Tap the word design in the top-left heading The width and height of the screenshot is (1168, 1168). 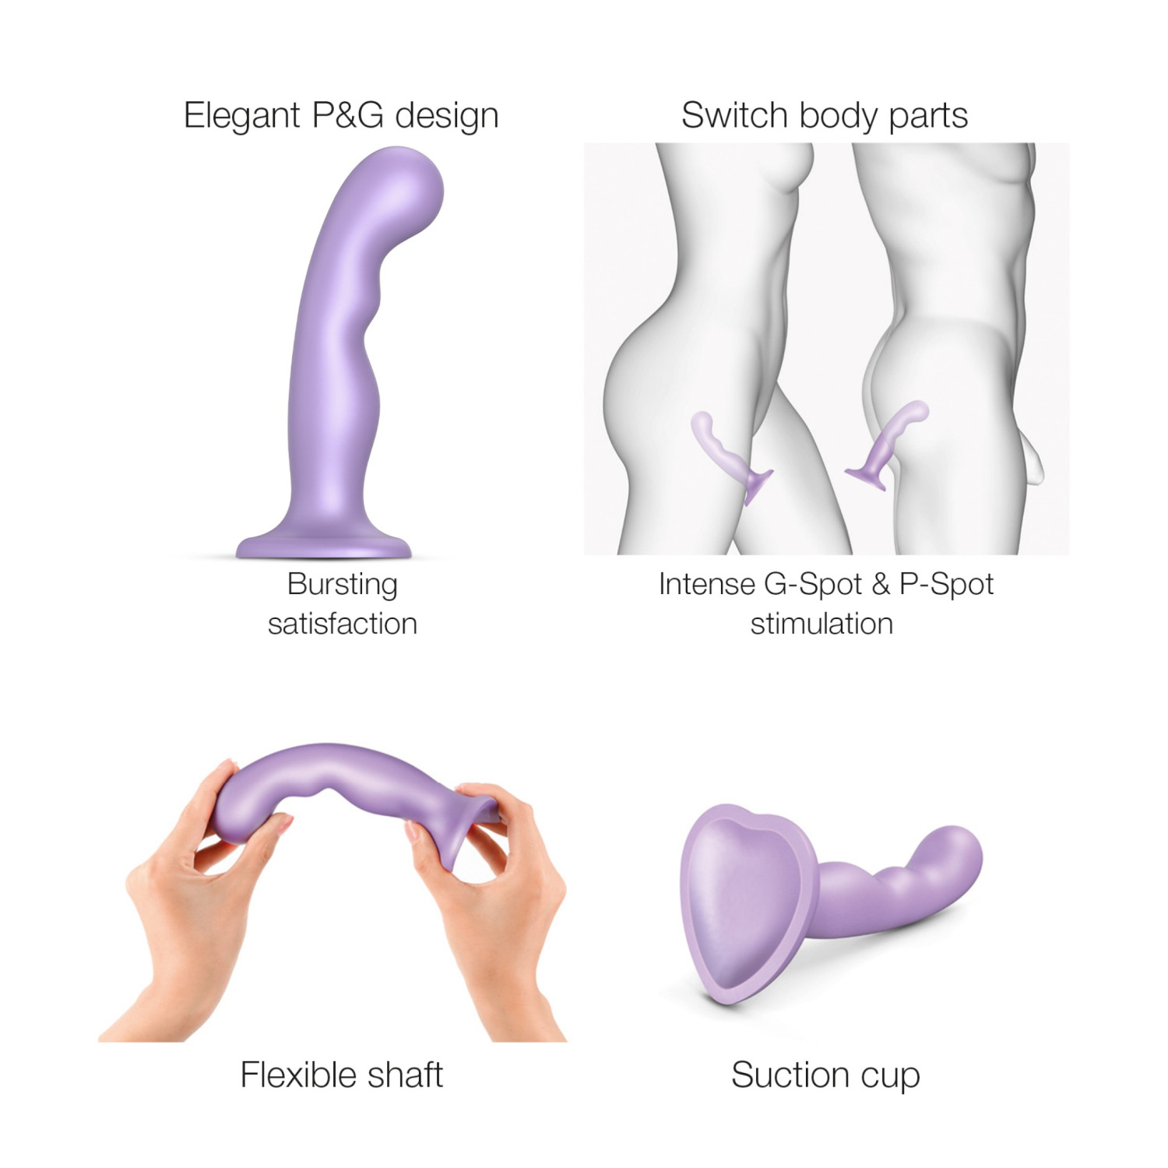(446, 116)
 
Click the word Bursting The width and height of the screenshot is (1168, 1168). (342, 585)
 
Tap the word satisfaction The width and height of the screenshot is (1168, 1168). (342, 624)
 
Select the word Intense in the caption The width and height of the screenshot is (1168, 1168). (706, 585)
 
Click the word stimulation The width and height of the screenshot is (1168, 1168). (821, 624)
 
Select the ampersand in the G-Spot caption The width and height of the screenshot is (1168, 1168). (881, 585)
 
